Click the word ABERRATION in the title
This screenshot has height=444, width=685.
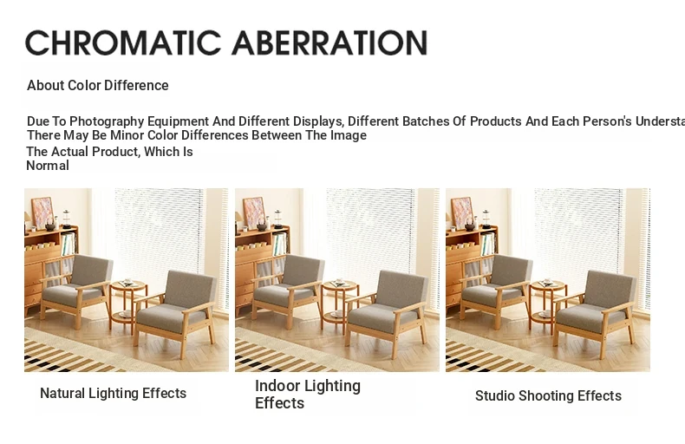pyautogui.click(x=329, y=42)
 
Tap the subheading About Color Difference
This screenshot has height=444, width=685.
pyautogui.click(x=98, y=85)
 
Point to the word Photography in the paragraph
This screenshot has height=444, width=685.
pyautogui.click(x=107, y=121)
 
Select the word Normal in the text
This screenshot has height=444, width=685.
pyautogui.click(x=48, y=166)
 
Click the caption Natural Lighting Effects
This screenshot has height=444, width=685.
pyautogui.click(x=113, y=394)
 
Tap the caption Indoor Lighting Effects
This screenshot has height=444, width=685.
pyautogui.click(x=308, y=395)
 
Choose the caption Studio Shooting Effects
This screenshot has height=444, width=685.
pyautogui.click(x=548, y=396)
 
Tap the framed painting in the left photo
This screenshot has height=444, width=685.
pyautogui.click(x=42, y=212)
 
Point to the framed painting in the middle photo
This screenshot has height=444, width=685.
pyautogui.click(x=254, y=212)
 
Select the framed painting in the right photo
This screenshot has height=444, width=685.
pyautogui.click(x=462, y=212)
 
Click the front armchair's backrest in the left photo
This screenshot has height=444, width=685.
pyautogui.click(x=192, y=289)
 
